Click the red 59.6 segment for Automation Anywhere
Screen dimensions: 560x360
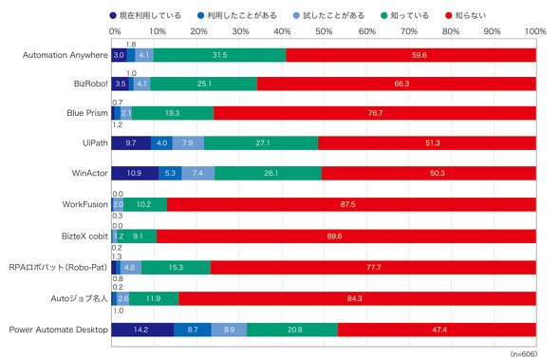[x=411, y=55]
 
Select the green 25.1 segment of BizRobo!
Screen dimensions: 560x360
[x=203, y=84]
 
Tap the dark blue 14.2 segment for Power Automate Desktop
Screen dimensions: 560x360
[x=142, y=330]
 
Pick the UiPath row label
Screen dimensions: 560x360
[x=95, y=143]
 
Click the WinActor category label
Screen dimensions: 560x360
[x=89, y=173]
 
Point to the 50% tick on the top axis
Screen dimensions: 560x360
[x=324, y=31]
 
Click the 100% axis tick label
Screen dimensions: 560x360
[x=535, y=31]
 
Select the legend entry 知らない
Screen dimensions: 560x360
[x=466, y=15]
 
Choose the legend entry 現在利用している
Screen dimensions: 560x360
[x=145, y=15]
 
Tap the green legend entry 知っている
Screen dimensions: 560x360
[x=404, y=15]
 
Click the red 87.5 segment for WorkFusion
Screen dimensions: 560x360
[x=351, y=204]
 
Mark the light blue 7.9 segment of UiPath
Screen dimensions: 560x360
[x=188, y=143]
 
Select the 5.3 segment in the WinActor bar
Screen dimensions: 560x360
[x=170, y=173]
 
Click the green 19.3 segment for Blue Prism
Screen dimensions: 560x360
[x=173, y=113]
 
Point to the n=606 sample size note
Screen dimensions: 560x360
[x=524, y=354]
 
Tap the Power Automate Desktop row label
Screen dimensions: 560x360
[x=59, y=330]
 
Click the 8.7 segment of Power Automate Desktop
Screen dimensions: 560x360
[x=193, y=330]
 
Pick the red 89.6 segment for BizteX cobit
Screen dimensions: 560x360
[x=346, y=237]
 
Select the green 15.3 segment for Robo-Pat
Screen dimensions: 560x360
[x=176, y=268]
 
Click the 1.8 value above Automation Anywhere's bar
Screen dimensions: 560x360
[x=131, y=45]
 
